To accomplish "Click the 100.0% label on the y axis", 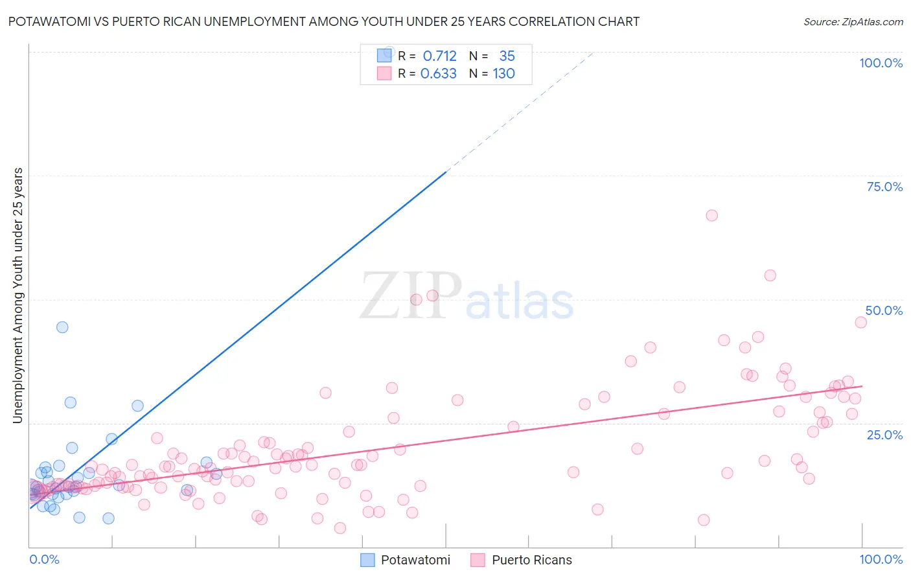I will [881, 63].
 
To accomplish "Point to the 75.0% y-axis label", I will [884, 187].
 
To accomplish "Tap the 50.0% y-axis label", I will [884, 310].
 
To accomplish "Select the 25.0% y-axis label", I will [884, 435].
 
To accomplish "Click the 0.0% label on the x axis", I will [44, 559].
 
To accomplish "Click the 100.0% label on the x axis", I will [881, 559].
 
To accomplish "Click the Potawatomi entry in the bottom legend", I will [415, 560].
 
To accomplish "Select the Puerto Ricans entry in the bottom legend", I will [531, 560].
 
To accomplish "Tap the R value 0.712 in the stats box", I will [439, 56].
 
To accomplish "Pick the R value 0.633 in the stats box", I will [439, 74].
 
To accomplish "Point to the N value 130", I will [503, 74].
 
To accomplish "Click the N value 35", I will [507, 56].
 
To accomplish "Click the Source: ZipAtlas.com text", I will [853, 21].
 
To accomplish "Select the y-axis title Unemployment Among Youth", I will [17, 295].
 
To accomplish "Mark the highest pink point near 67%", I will [711, 215].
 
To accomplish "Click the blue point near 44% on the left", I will [62, 327].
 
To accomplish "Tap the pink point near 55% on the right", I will [770, 275].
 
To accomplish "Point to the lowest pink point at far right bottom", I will [703, 520].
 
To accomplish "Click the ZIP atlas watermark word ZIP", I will [411, 296].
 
